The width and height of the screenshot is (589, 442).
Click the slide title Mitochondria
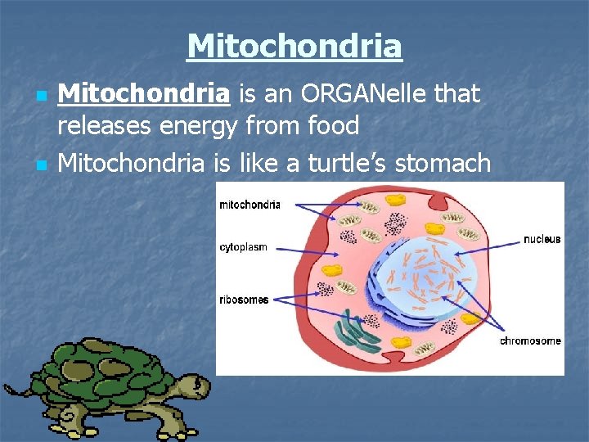294,46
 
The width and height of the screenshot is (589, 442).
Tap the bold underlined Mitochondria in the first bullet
144,95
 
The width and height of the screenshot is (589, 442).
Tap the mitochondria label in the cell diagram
250,205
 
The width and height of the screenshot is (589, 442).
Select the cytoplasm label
243,246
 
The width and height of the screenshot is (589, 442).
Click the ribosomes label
244,300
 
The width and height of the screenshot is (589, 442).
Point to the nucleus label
542,239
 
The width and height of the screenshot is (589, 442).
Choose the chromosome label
530,341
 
